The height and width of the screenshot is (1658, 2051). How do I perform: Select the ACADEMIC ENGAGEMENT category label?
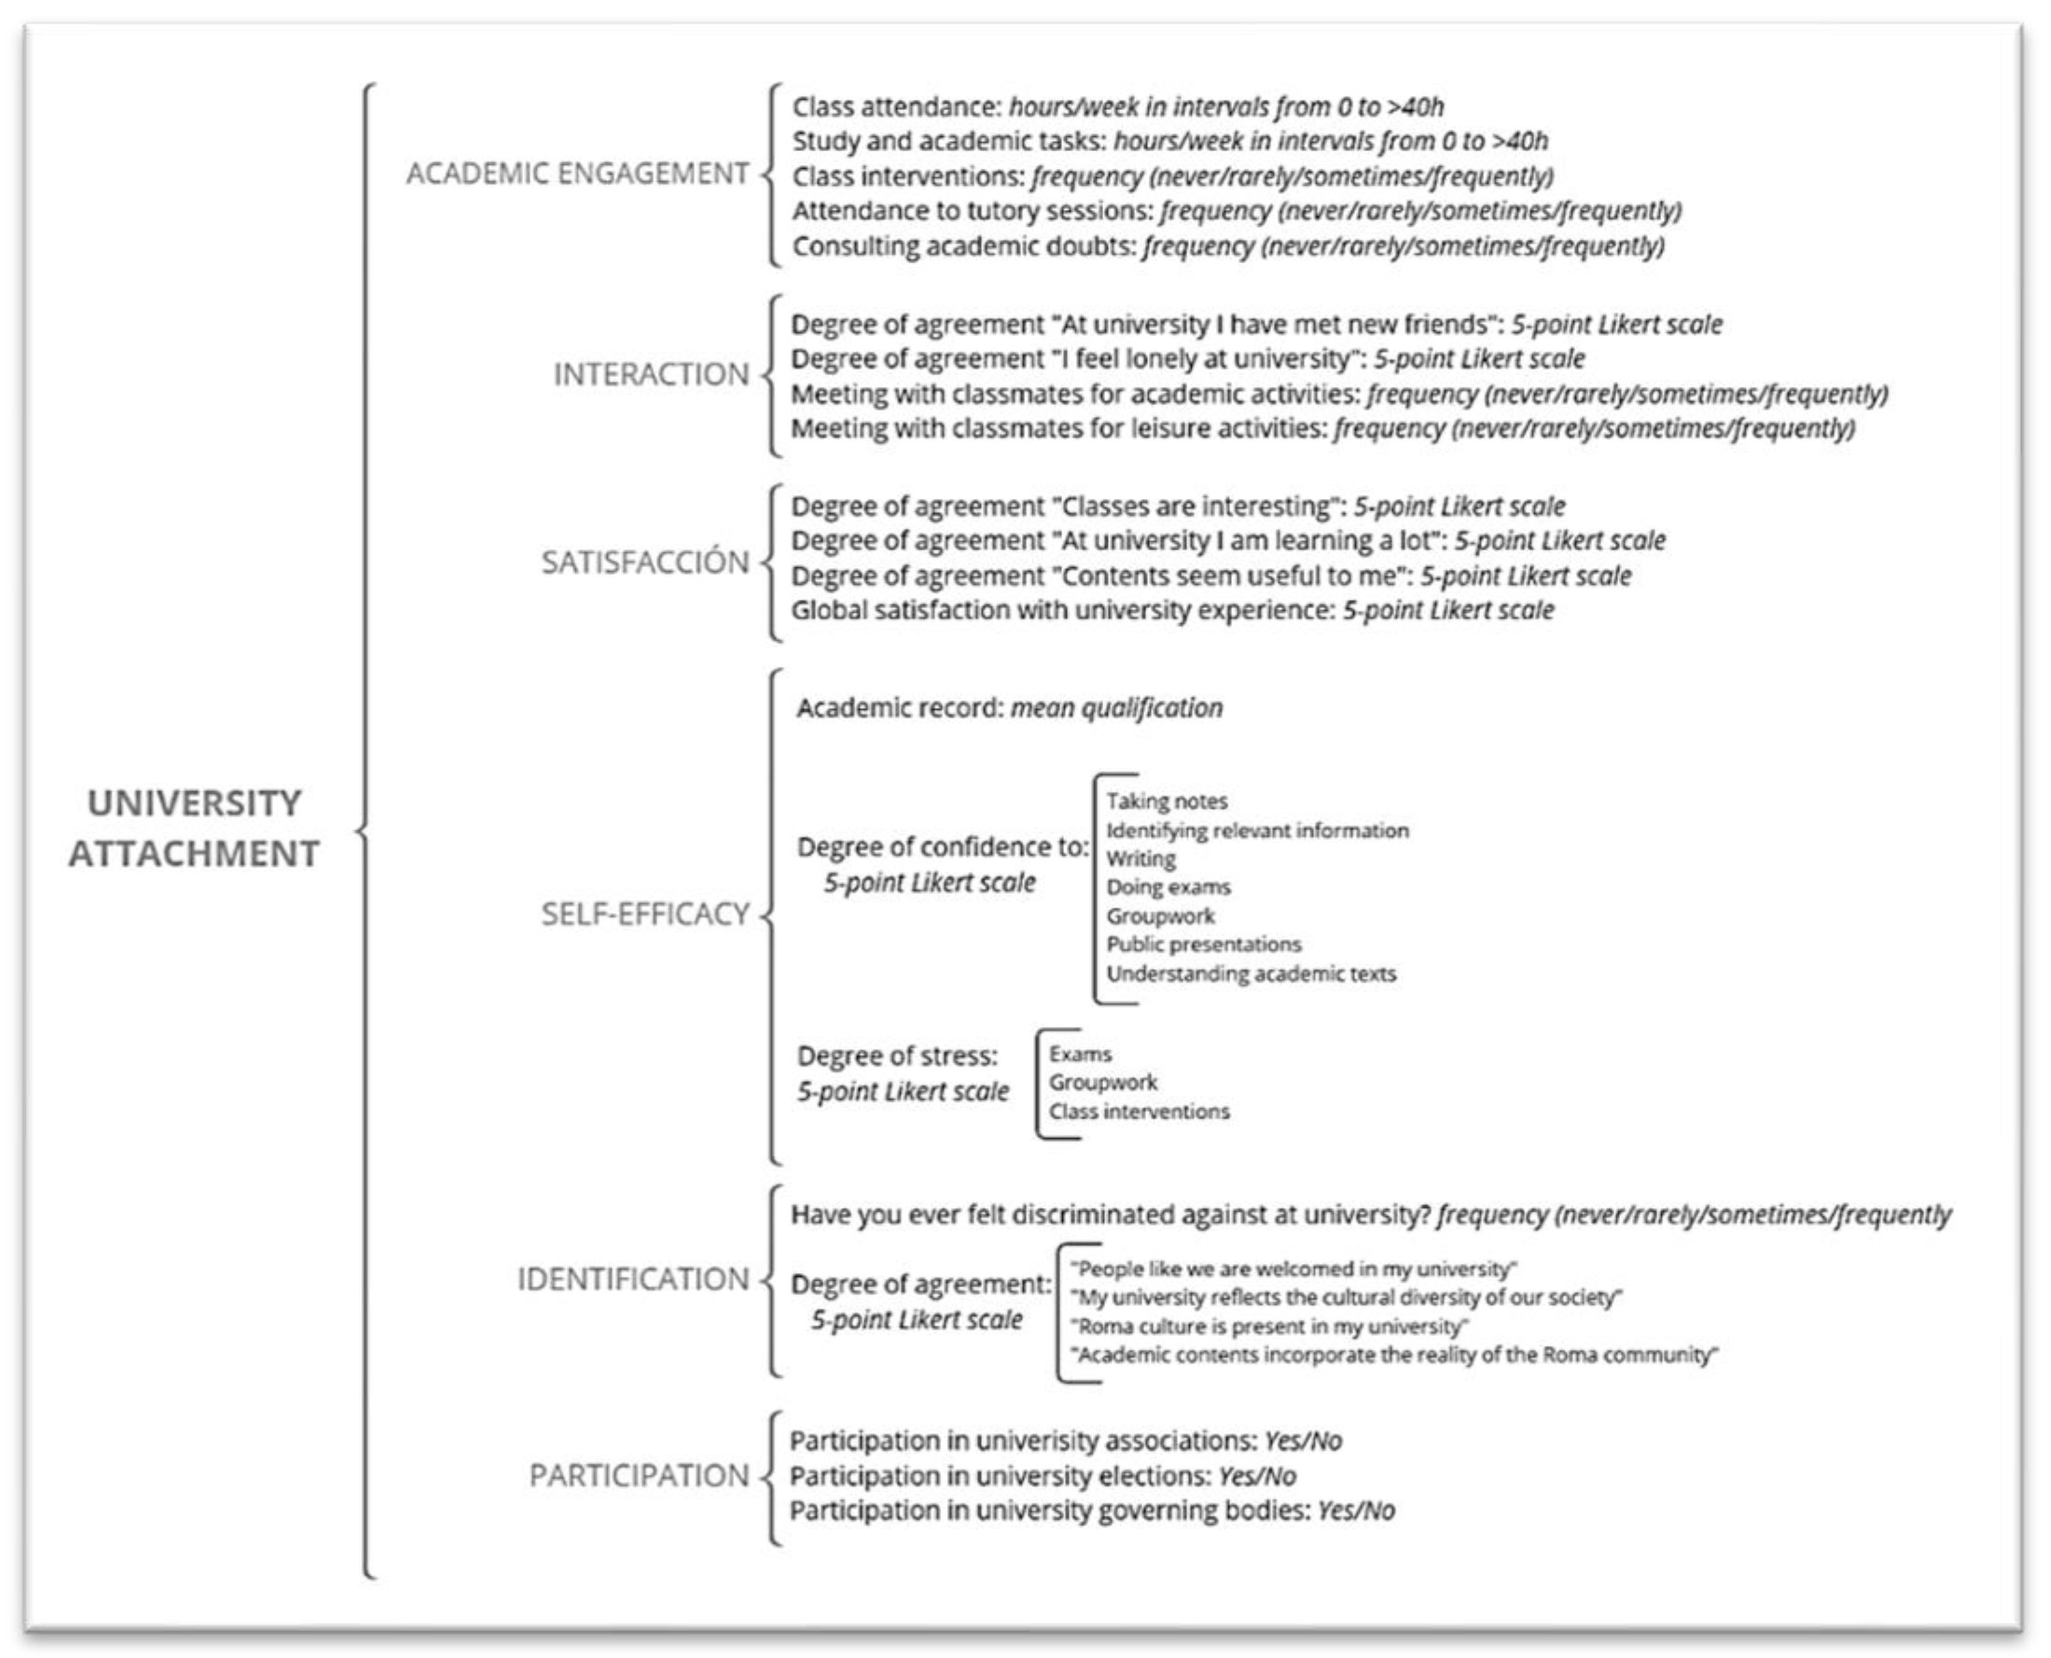(577, 174)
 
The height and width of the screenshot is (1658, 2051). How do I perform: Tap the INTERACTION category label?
(651, 374)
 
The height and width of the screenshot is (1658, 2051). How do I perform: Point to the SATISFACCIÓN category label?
(645, 563)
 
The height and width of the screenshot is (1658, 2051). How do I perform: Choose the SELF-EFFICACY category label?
(645, 914)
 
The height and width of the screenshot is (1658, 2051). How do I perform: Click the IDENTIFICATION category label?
(633, 1279)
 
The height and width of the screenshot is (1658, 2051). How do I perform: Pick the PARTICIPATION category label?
(638, 1476)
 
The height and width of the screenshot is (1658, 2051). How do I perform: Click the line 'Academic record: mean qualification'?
(1009, 708)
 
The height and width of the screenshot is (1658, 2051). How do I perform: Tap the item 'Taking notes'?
(1166, 801)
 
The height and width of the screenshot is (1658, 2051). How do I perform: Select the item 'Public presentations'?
(1204, 944)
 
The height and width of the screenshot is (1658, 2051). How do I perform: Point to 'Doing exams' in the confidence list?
(1168, 887)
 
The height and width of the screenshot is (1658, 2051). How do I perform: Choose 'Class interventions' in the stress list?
(1139, 1112)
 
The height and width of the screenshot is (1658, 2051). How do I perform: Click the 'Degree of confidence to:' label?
(942, 847)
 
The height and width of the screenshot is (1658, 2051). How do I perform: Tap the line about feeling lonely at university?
(1187, 359)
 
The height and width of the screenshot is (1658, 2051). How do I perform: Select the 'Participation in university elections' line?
(1042, 1476)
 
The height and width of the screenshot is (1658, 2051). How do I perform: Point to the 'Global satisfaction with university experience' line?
(1172, 610)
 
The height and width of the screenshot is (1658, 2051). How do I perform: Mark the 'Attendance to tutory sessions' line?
(1236, 211)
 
